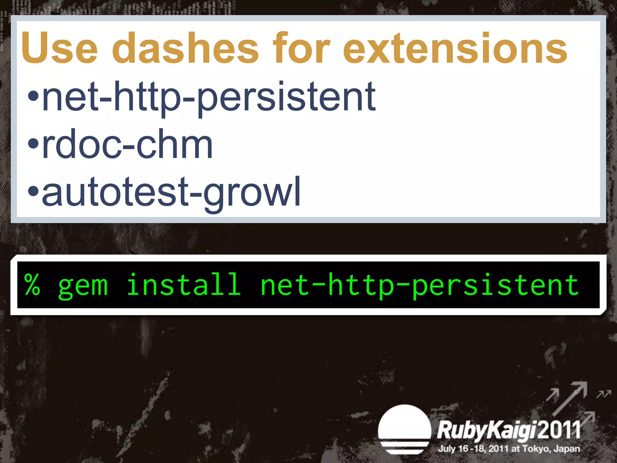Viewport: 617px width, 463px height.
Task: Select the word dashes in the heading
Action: pos(185,48)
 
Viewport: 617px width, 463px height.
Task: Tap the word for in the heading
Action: pos(301,48)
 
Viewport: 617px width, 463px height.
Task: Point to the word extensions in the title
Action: pos(455,48)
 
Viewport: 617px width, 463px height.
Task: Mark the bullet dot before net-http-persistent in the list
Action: pos(33,96)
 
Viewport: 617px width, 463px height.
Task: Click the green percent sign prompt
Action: pos(32,285)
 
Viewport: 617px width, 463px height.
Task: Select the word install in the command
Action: pos(183,285)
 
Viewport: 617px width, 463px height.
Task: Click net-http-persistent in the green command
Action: pos(419,285)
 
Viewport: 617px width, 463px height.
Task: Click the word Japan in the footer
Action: pos(567,449)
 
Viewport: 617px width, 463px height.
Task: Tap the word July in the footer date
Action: pos(446,449)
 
